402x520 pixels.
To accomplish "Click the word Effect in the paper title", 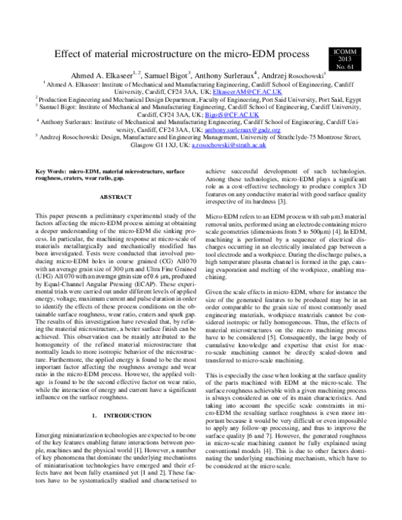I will [x=69, y=52].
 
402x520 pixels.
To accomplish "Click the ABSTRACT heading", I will [x=116, y=198].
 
